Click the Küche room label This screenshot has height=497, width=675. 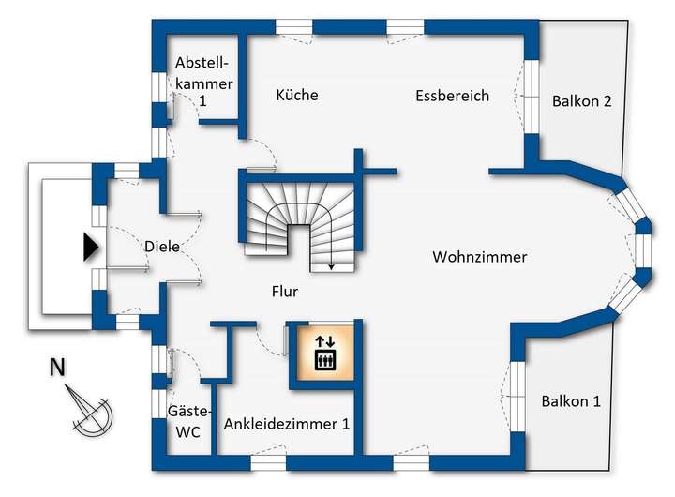pos(297,95)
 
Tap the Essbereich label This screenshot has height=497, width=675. pos(453,96)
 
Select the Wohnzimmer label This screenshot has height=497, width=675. pos(480,257)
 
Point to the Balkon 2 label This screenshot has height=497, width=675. pos(582,101)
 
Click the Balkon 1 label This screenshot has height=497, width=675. pos(571,401)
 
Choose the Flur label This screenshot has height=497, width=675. pos(281,292)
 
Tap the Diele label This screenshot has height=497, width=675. pos(162,247)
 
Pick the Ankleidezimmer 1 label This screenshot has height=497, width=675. pos(287,424)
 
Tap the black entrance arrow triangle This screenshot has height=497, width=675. pos(90,247)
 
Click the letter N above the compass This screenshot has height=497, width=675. pos(57,368)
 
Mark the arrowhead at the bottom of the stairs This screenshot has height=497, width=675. pos(332,267)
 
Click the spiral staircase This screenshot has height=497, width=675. pos(298,221)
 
